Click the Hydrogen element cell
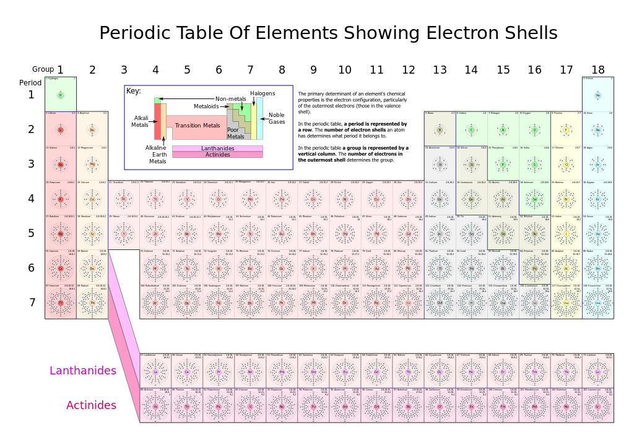point(61,95)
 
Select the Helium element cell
point(597,95)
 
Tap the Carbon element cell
point(471,129)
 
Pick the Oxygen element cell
point(534,129)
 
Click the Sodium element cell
point(61,163)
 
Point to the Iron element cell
point(282,198)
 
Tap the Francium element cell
point(61,301)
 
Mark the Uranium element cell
point(250,405)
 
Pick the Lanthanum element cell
point(155,371)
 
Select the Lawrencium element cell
point(597,405)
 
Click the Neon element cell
point(597,129)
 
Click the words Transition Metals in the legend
point(197,126)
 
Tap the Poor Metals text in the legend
point(235,133)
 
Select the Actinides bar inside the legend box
point(217,155)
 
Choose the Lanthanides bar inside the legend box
point(217,149)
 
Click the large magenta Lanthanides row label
point(83,371)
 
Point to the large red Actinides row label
point(91,406)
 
